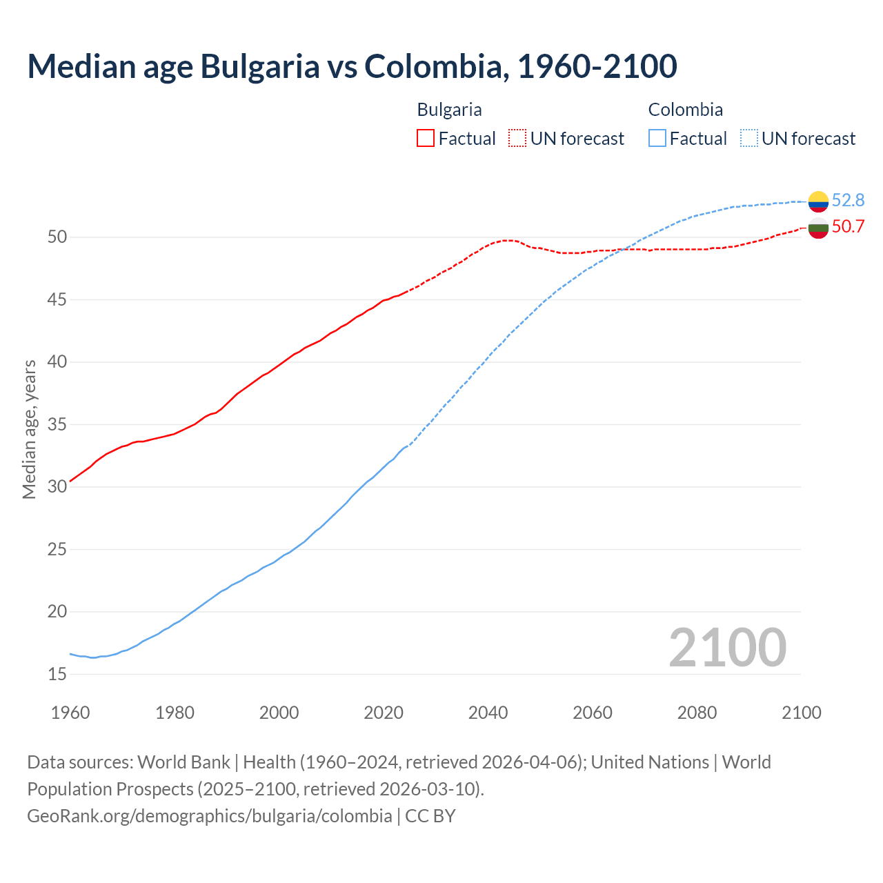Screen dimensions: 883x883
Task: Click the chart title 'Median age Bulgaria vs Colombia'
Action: tap(352, 66)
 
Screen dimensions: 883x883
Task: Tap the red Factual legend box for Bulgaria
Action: tap(426, 139)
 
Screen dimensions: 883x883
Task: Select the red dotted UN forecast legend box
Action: tap(517, 139)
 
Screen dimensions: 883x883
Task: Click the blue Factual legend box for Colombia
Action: tap(657, 139)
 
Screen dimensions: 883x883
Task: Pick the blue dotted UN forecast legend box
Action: tap(749, 139)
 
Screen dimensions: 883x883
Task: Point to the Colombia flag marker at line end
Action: tap(818, 201)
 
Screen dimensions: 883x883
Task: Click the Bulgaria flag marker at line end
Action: tap(818, 228)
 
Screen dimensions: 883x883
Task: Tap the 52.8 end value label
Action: tap(848, 200)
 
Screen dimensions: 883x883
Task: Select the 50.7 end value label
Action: tap(848, 227)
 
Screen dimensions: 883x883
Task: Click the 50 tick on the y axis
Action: tap(57, 237)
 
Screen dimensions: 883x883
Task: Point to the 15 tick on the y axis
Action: tap(57, 674)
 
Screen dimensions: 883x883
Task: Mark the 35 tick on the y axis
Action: tap(57, 424)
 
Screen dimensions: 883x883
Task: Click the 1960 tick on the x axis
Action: tap(70, 713)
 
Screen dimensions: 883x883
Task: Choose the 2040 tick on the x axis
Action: tap(488, 713)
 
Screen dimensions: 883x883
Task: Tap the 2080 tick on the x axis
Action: tap(697, 713)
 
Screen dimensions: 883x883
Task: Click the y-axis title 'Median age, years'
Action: tap(29, 429)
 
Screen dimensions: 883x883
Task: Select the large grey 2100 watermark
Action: tap(727, 648)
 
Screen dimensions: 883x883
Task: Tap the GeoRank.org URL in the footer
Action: tap(210, 815)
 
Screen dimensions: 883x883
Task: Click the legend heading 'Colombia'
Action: tap(685, 110)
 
